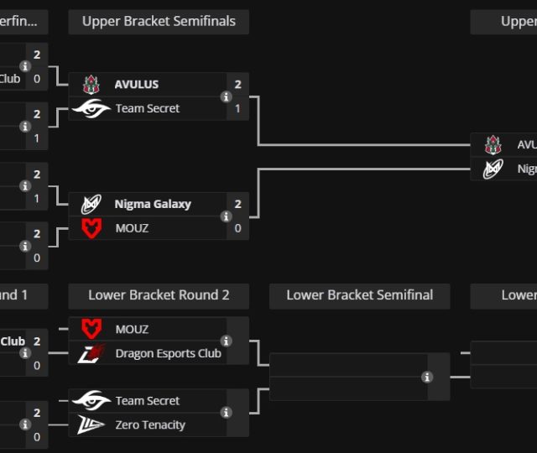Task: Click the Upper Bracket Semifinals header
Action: coord(159,22)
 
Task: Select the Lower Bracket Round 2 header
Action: coord(159,295)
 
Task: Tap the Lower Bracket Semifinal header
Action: coord(359,295)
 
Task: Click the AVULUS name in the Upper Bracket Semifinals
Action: coord(137,85)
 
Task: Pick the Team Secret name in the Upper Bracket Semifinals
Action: coord(148,108)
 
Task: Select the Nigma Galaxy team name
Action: coord(153,204)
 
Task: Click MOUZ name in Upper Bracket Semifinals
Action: coord(132,227)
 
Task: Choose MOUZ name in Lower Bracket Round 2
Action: coord(132,329)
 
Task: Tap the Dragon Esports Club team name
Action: coord(168,353)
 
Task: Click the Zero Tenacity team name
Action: coord(150,424)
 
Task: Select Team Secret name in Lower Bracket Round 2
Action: coord(148,401)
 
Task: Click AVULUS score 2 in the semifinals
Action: coord(238,85)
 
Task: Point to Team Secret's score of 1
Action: coord(238,108)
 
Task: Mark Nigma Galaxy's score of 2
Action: coord(238,204)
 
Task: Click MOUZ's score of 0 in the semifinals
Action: coord(238,227)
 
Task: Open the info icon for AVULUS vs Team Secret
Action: coord(226,96)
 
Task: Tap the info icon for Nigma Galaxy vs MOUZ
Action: coord(226,216)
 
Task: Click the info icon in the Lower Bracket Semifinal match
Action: coord(427,377)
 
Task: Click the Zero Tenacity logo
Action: coord(91,424)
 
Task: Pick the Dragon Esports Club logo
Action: coord(91,353)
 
